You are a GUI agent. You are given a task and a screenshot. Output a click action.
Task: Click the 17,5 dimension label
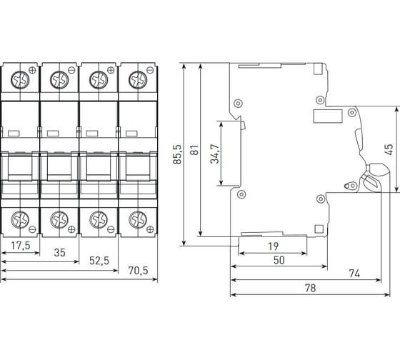click(21, 246)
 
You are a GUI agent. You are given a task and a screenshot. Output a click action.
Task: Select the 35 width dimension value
click(60, 253)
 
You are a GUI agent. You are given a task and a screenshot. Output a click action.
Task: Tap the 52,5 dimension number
click(99, 261)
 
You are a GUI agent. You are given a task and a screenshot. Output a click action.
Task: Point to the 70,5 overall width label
click(138, 271)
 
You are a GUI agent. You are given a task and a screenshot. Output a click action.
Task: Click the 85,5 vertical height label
click(177, 154)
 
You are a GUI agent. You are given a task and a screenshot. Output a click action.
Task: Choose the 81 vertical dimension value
click(194, 150)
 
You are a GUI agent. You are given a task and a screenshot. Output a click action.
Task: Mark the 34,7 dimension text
click(215, 154)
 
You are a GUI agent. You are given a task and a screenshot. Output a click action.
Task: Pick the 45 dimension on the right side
click(389, 149)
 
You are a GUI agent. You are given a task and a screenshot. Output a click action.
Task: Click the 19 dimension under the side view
click(273, 246)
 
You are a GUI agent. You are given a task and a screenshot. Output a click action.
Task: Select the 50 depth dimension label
click(279, 260)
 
